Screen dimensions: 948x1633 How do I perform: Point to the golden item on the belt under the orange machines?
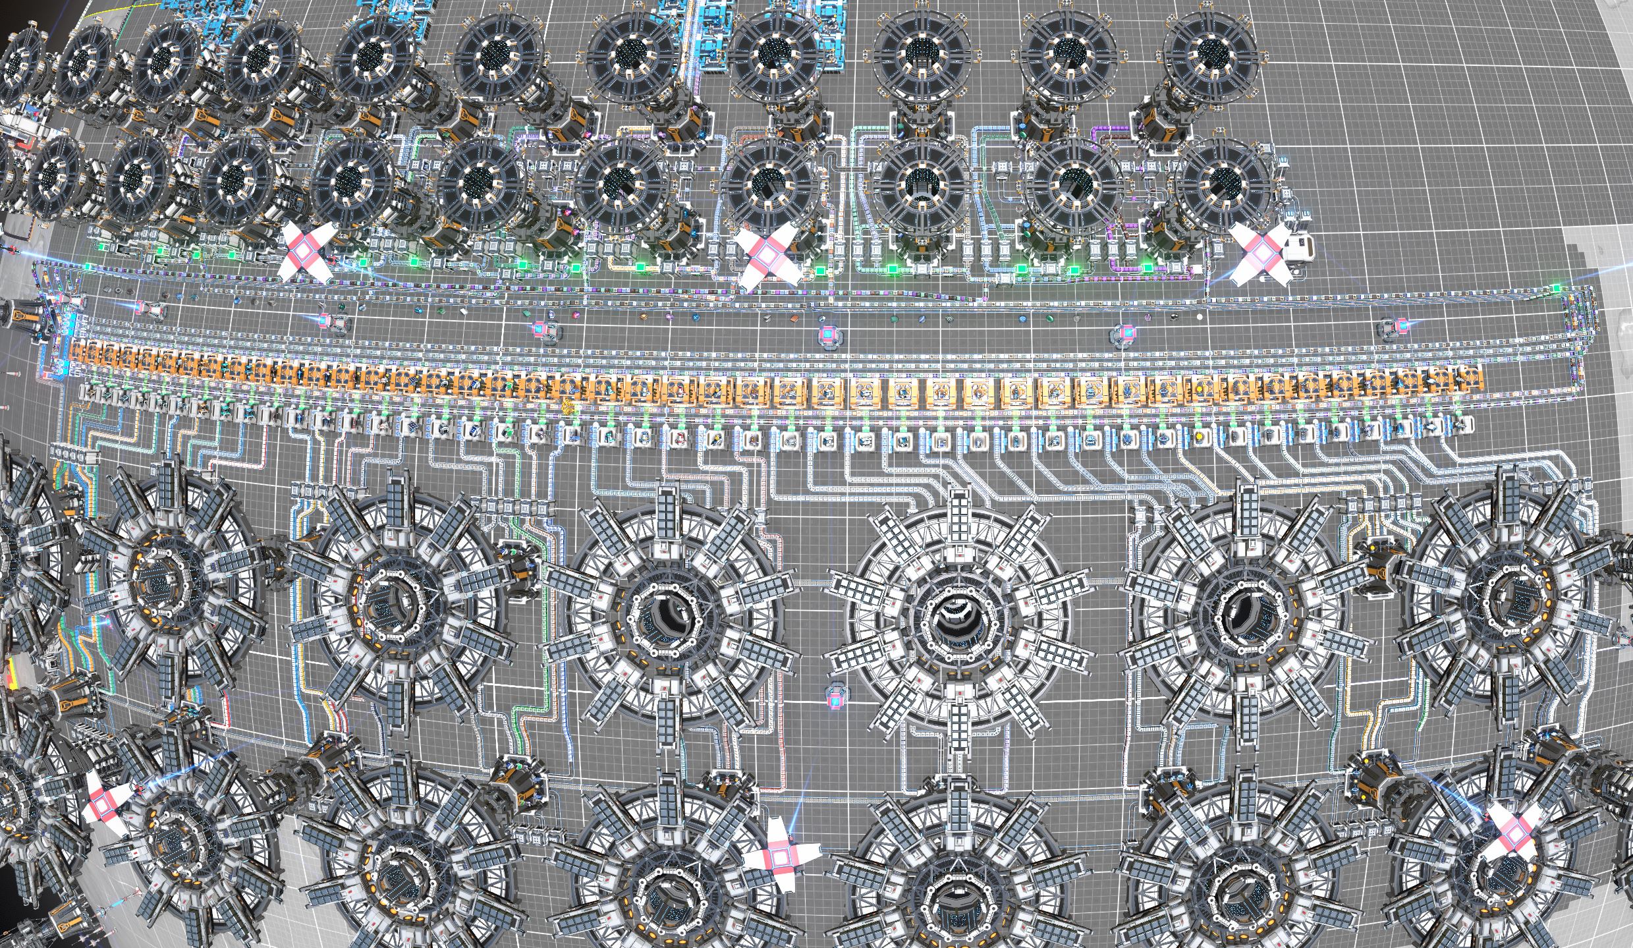[x=567, y=406]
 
